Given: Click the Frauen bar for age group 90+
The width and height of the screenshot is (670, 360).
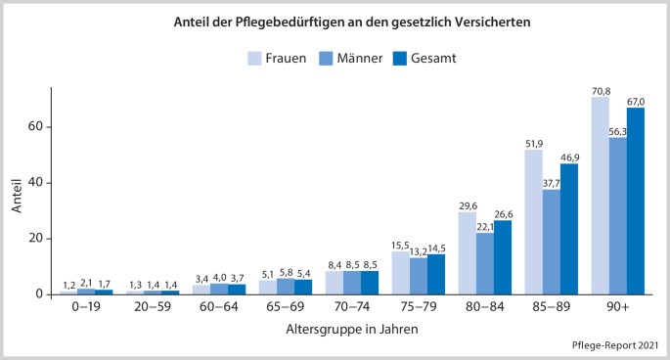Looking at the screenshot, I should (x=600, y=196).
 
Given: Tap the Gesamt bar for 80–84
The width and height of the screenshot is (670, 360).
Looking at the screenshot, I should (x=503, y=257).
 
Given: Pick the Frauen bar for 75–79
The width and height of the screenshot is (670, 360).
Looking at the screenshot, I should (x=400, y=273).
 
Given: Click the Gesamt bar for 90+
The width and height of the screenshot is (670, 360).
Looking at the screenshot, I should (x=636, y=201).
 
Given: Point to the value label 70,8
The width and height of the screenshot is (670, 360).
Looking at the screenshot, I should (x=600, y=90).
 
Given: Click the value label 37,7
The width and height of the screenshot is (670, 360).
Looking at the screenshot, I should (x=552, y=182).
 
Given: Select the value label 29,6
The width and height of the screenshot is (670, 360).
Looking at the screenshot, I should (x=467, y=204).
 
